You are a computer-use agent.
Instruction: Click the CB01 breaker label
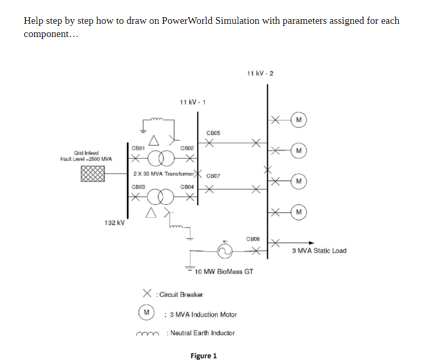click(138, 148)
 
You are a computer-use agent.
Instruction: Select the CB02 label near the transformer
click(187, 148)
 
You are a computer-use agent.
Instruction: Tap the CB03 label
click(138, 187)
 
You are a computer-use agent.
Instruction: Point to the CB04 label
click(187, 187)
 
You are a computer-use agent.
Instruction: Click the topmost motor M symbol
click(299, 120)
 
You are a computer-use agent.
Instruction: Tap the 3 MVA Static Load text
click(319, 251)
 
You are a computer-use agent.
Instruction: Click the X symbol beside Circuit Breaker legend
click(147, 293)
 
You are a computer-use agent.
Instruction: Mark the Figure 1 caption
click(204, 356)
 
